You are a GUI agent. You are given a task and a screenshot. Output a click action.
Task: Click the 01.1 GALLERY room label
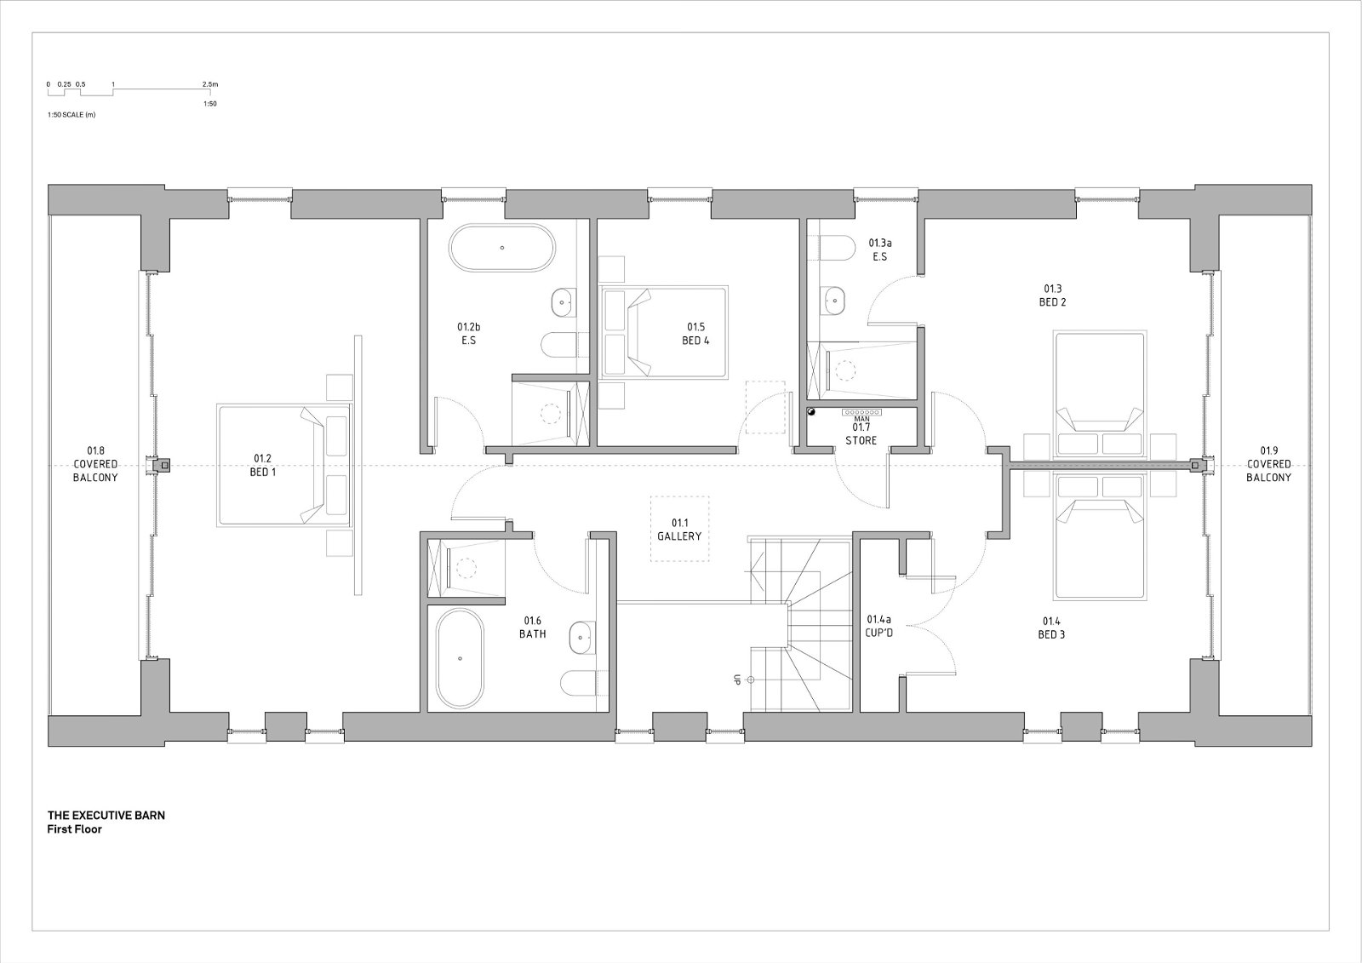tap(679, 530)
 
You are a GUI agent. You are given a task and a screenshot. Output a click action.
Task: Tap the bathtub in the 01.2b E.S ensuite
tap(502, 248)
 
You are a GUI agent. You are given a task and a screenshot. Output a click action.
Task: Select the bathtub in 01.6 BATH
tap(460, 658)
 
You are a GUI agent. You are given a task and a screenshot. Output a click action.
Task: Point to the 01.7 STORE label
tap(861, 433)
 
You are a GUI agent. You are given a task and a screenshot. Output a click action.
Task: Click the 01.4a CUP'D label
tap(878, 625)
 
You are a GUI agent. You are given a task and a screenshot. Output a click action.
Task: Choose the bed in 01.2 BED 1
tap(284, 465)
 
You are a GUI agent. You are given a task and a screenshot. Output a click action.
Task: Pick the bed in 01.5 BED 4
tap(664, 332)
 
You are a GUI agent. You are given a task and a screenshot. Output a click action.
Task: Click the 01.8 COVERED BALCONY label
tap(95, 463)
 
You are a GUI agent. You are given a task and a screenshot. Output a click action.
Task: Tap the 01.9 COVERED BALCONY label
tap(1268, 463)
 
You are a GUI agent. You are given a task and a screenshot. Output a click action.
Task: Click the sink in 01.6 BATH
tap(581, 638)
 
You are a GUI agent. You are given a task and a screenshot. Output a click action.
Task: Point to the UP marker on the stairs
tap(736, 679)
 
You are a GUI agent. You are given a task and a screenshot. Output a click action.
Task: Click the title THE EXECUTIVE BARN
tap(106, 815)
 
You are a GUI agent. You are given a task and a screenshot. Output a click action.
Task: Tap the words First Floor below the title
tap(74, 829)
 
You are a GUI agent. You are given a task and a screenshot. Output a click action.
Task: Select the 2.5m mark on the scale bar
tap(209, 84)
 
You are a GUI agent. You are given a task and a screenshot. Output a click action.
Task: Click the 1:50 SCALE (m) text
tap(72, 114)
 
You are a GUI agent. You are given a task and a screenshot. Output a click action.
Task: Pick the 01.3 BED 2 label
tap(1052, 295)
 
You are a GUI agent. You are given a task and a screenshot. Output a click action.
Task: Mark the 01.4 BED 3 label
tap(1051, 628)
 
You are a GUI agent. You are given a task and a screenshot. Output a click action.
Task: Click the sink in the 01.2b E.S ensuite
tap(564, 301)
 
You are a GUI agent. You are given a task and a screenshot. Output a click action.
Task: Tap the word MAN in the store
tap(861, 419)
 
